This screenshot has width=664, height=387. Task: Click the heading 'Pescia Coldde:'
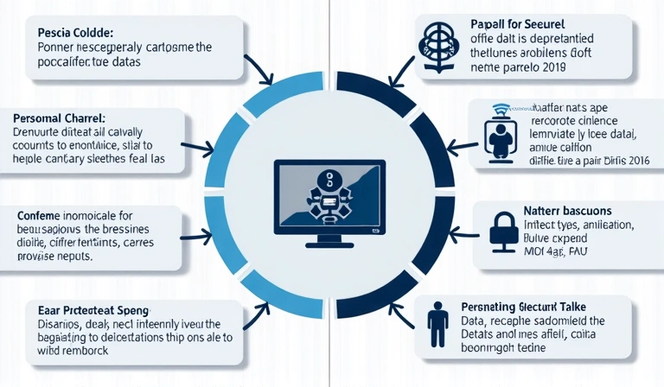(72, 32)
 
